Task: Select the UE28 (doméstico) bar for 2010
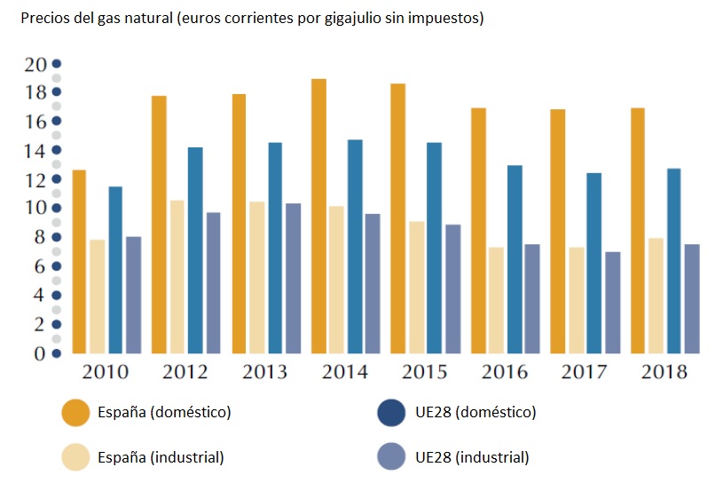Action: pos(115,270)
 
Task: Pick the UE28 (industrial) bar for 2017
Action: pos(613,303)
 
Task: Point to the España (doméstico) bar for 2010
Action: pos(79,262)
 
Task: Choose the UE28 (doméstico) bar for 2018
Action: pos(674,261)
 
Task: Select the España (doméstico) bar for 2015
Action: pos(398,218)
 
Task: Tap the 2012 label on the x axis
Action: pos(185,372)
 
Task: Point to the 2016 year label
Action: pos(504,372)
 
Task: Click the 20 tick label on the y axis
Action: pos(35,64)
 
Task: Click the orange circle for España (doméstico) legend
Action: pos(75,412)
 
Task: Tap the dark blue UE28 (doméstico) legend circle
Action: pos(391,412)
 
